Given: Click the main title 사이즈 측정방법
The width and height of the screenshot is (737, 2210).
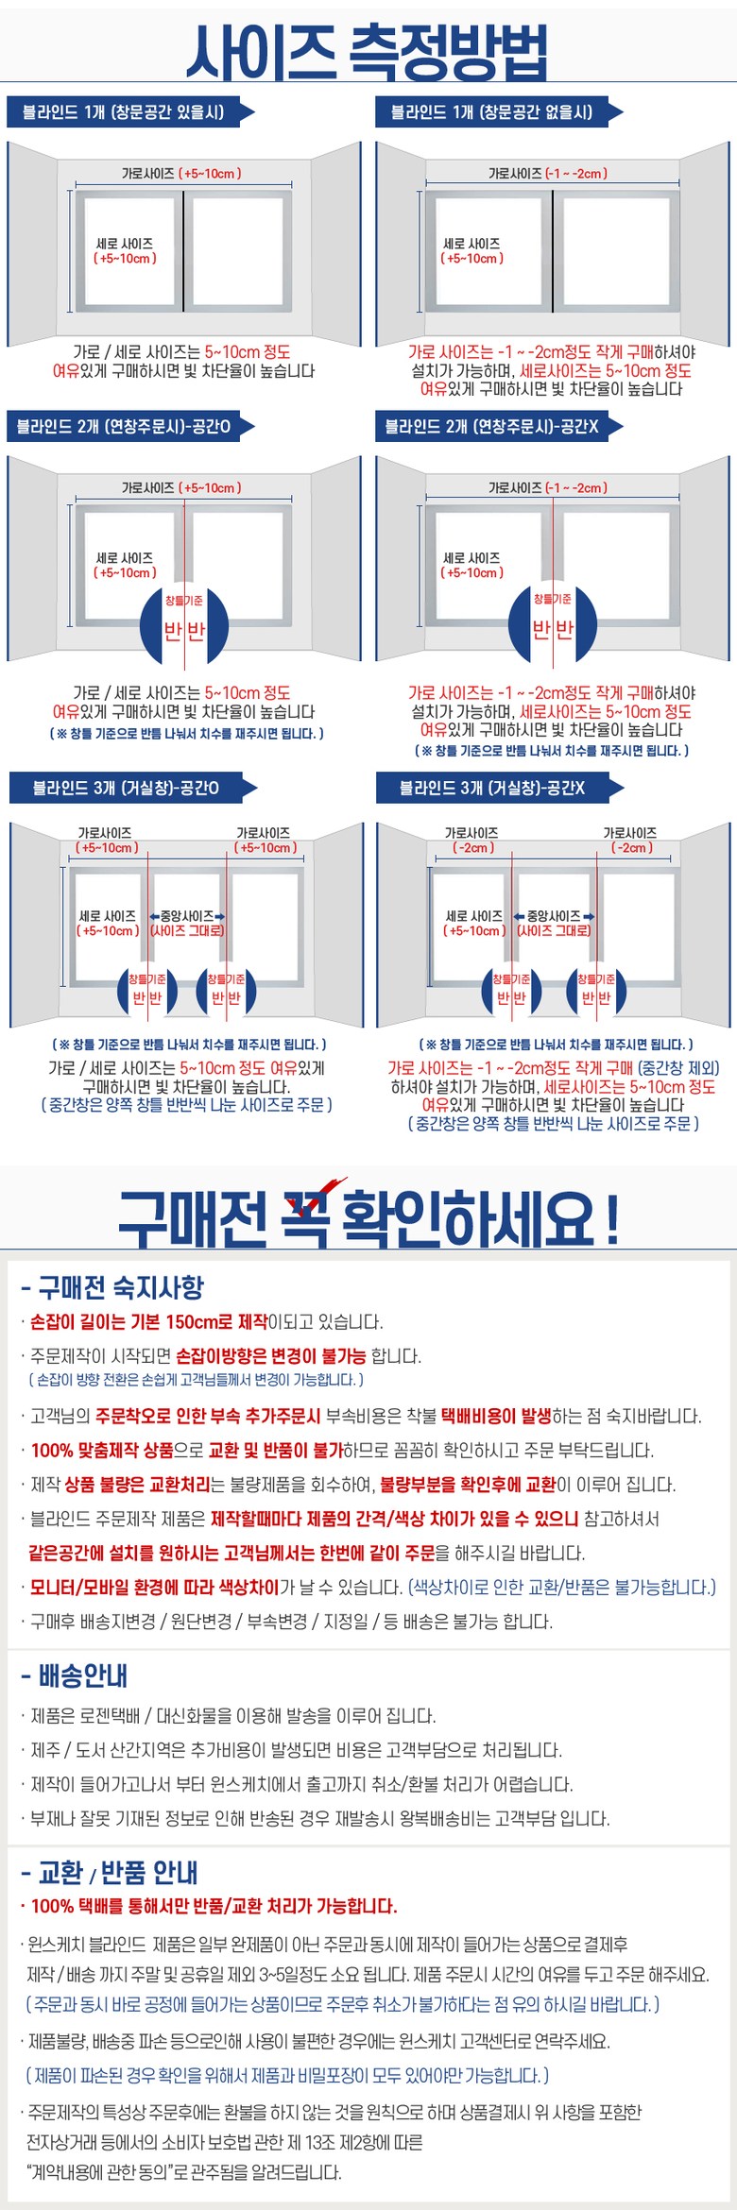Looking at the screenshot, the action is [x=367, y=51].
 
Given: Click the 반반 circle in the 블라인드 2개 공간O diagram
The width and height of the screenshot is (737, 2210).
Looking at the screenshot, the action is [x=184, y=624].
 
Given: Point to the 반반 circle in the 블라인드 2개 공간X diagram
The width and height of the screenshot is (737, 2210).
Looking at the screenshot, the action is [x=553, y=624].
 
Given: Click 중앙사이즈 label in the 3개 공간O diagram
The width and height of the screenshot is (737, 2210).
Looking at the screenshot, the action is [x=187, y=916].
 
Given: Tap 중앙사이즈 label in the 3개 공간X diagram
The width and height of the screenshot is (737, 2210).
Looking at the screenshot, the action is [x=554, y=916].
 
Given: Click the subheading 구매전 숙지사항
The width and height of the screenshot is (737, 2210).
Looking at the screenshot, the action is [x=112, y=1287].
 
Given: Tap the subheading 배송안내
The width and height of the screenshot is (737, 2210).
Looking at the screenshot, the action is [x=75, y=1675].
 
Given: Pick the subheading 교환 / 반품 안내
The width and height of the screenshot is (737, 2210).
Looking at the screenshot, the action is [x=110, y=1872].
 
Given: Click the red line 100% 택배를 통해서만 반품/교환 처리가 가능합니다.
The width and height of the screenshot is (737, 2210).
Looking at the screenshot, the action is [x=214, y=1905].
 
